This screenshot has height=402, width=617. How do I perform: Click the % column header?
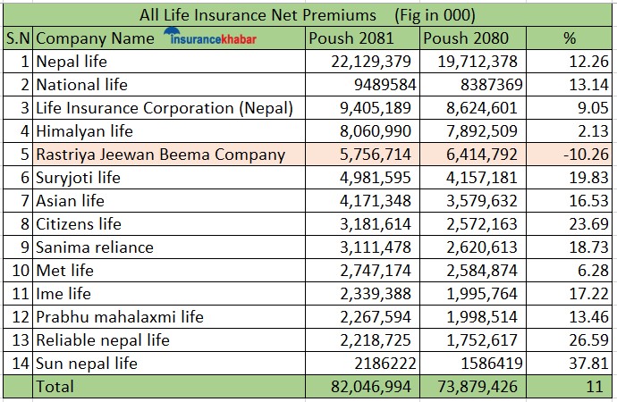(x=570, y=38)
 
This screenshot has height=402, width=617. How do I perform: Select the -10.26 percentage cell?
(x=582, y=155)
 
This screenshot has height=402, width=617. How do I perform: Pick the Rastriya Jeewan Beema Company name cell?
(x=161, y=155)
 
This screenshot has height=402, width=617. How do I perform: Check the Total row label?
(x=55, y=387)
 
